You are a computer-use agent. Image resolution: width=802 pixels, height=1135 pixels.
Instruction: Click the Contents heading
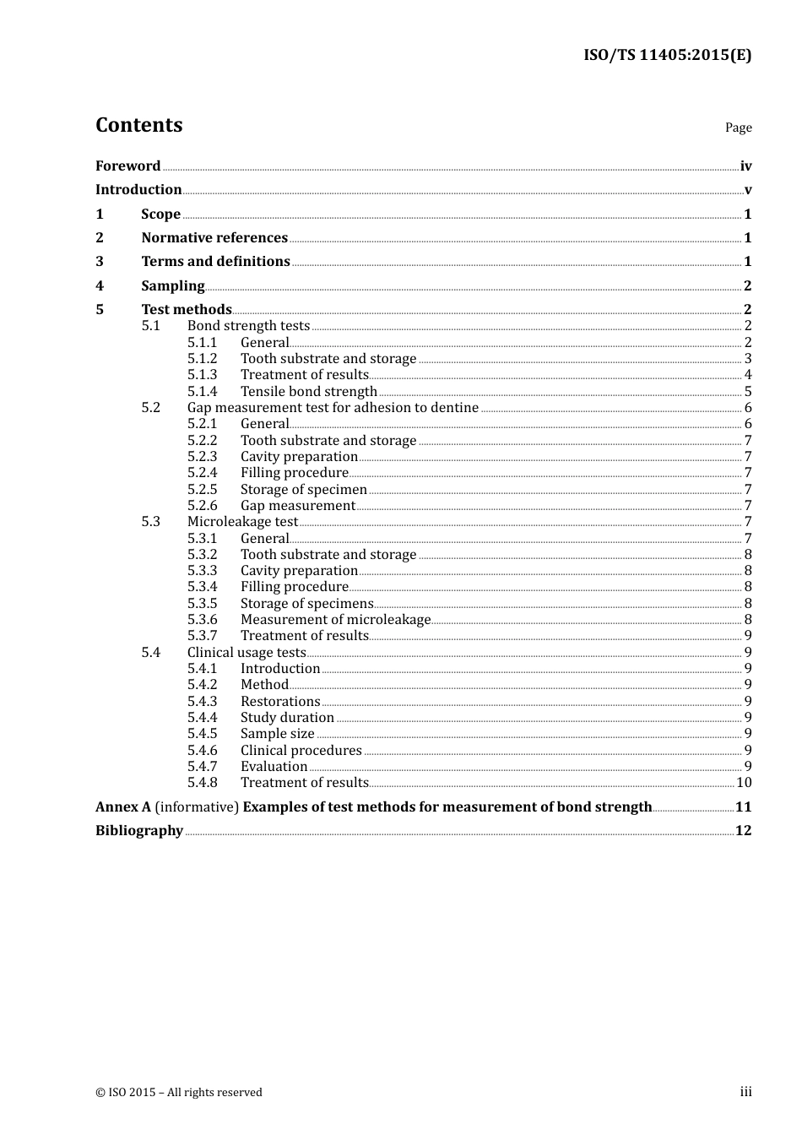[138, 125]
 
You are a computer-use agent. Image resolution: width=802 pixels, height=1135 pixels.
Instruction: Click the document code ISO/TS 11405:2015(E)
[667, 55]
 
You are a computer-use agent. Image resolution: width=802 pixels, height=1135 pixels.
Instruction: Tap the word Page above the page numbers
[738, 128]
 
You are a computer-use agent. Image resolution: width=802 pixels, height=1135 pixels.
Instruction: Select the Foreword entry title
[127, 166]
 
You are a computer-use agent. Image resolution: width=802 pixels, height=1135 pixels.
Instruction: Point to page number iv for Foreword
[745, 166]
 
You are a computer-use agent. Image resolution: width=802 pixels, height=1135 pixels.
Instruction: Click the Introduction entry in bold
[138, 189]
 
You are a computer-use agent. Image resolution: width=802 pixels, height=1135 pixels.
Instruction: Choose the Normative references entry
[214, 237]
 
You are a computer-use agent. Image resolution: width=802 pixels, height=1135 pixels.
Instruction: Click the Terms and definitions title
[215, 261]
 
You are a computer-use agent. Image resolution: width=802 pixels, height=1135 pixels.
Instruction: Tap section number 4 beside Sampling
[100, 285]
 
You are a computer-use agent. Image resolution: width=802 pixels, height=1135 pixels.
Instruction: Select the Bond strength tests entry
[248, 325]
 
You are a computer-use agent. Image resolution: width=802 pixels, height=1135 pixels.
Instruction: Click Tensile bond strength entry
[308, 391]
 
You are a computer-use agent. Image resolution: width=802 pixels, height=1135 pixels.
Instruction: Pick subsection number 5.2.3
[202, 456]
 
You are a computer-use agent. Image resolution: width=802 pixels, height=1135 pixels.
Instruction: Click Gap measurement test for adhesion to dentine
[333, 407]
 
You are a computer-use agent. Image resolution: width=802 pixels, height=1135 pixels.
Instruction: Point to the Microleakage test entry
[242, 521]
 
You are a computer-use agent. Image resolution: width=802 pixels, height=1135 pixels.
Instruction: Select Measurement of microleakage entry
[335, 619]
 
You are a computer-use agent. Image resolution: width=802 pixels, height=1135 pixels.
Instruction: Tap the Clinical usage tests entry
[246, 652]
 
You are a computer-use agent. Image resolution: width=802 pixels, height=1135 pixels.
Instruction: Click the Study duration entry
[287, 717]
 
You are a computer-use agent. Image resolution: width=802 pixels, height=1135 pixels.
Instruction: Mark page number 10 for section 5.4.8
[744, 782]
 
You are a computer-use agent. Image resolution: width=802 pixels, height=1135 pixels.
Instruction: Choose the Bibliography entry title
[139, 830]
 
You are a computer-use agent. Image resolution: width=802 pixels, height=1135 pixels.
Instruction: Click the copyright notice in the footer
[179, 1092]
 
